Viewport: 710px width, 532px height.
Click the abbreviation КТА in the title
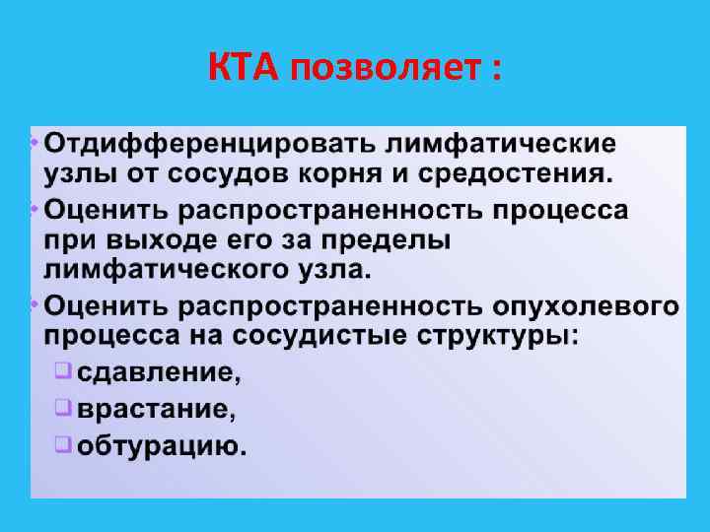tap(245, 71)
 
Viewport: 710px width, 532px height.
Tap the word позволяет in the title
tap(379, 71)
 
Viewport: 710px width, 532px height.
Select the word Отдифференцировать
tap(209, 144)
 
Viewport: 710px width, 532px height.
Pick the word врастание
tap(157, 408)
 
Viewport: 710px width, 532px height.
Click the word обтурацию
tap(162, 445)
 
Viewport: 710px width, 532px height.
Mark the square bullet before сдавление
tap(62, 372)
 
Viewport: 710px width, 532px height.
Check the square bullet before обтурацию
tap(62, 443)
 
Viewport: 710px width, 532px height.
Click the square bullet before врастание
tap(62, 406)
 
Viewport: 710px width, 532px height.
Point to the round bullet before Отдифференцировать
tap(35, 140)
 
